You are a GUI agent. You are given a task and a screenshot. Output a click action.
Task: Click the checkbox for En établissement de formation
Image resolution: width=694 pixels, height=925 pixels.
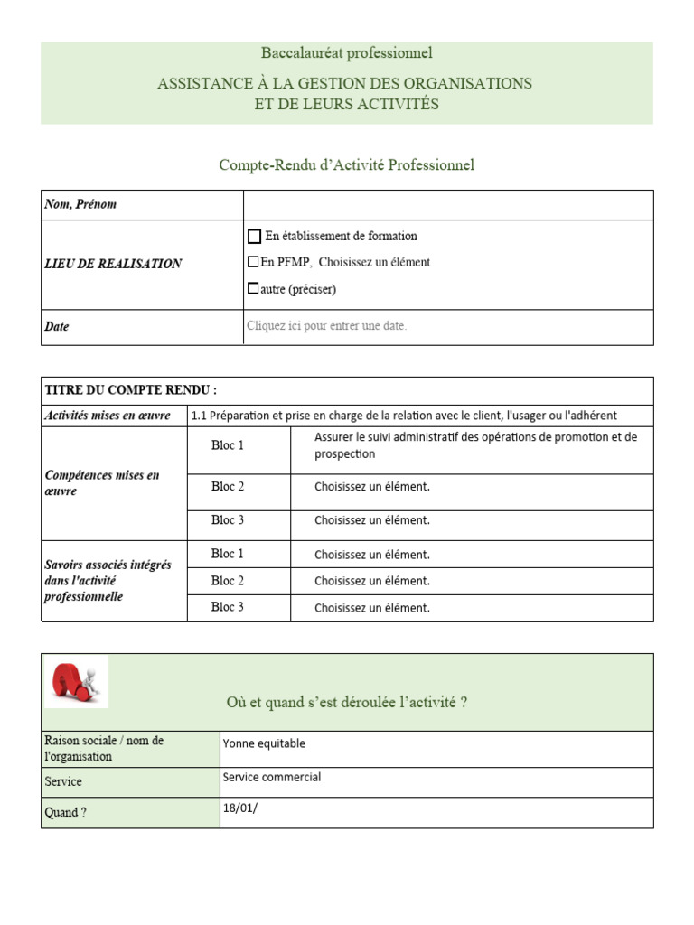pyautogui.click(x=254, y=237)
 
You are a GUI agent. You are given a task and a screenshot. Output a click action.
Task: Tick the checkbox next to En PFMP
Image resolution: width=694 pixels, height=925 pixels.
pyautogui.click(x=253, y=263)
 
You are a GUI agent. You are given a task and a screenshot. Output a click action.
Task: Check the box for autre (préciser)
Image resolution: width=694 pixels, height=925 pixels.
pyautogui.click(x=253, y=290)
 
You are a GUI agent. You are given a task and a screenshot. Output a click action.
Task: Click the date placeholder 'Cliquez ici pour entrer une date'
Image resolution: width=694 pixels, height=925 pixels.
pyautogui.click(x=326, y=326)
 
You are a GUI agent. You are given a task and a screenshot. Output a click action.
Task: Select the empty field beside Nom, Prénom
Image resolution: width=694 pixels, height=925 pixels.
pyautogui.click(x=447, y=205)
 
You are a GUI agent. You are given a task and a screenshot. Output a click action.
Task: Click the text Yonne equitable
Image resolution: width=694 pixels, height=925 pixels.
pyautogui.click(x=264, y=744)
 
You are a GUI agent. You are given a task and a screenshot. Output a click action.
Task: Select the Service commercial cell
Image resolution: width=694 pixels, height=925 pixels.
pyautogui.click(x=271, y=778)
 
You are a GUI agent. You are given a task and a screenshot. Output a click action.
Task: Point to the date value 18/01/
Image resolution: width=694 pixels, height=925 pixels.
pyautogui.click(x=239, y=808)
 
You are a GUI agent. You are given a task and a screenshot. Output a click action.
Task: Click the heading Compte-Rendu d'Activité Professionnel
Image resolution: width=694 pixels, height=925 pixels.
pyautogui.click(x=346, y=164)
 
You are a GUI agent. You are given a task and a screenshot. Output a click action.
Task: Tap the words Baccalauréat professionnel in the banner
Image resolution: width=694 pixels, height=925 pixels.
pyautogui.click(x=346, y=53)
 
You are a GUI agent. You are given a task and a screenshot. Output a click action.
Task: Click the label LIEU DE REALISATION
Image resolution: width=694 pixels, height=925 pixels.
pyautogui.click(x=113, y=264)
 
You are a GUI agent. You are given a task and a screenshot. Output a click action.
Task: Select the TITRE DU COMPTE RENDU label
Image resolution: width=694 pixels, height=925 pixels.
pyautogui.click(x=131, y=390)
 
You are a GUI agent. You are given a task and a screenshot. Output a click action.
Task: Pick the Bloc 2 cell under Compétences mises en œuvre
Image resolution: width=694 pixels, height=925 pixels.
pyautogui.click(x=228, y=487)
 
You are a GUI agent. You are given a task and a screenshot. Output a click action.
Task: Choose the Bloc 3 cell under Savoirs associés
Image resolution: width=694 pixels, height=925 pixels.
pyautogui.click(x=228, y=608)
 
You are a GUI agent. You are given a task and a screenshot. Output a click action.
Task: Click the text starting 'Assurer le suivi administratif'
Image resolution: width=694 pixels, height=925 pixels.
pyautogui.click(x=475, y=445)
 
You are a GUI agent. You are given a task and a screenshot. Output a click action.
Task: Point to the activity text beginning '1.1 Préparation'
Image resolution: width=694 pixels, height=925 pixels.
pyautogui.click(x=404, y=416)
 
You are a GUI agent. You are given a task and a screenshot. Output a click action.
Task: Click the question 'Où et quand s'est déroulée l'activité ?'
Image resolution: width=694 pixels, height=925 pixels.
pyautogui.click(x=346, y=703)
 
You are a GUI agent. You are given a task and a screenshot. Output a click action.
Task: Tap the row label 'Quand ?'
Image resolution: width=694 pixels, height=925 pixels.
pyautogui.click(x=66, y=813)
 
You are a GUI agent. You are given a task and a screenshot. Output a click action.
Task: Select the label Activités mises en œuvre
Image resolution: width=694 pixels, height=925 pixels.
pyautogui.click(x=108, y=416)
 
